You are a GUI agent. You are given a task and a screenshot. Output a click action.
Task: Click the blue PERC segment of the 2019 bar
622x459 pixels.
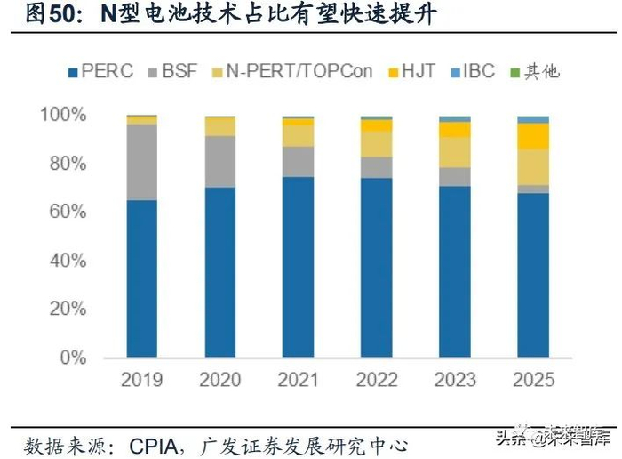click(142, 279)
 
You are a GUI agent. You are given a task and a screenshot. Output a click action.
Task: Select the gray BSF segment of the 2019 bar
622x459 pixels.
click(142, 162)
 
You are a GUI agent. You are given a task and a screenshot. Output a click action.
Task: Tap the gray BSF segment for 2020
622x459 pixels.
click(219, 161)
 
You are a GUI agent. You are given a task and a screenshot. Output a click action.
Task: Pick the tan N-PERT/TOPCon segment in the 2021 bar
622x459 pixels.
click(298, 134)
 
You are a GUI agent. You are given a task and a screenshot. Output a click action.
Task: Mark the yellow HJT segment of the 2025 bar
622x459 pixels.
click(533, 135)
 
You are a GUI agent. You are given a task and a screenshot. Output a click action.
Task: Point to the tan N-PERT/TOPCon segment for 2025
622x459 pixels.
click(533, 166)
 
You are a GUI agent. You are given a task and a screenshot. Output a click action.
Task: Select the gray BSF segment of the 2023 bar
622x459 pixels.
click(455, 176)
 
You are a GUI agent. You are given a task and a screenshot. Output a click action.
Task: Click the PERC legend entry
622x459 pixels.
click(98, 71)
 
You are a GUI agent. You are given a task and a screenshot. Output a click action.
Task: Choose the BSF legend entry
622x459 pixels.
click(176, 71)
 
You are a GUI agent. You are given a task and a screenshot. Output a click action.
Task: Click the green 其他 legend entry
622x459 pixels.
click(534, 71)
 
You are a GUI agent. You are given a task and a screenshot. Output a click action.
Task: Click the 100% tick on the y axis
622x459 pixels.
click(62, 116)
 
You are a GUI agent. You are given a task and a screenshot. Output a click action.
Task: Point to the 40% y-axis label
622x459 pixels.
click(66, 262)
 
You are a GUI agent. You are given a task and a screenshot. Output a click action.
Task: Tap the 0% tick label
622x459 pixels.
click(72, 358)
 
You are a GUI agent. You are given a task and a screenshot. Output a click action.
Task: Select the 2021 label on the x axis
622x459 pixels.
click(298, 380)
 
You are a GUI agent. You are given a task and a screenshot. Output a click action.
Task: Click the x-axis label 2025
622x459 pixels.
click(533, 380)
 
